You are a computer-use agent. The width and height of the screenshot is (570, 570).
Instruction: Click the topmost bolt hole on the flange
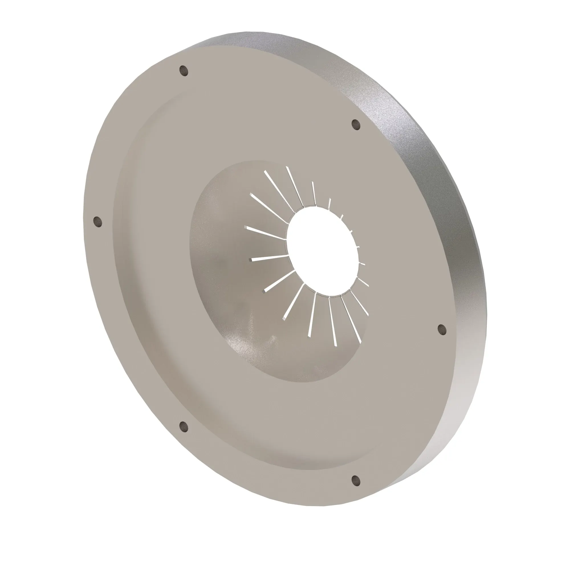point(184,71)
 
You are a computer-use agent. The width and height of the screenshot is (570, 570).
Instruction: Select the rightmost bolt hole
point(441,329)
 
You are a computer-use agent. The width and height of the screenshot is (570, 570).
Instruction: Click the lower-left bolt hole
point(184,426)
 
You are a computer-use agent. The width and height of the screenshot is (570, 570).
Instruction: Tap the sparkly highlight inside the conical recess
point(251,330)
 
